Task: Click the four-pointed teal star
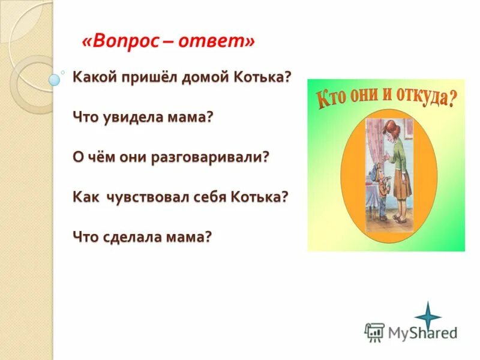[427, 316]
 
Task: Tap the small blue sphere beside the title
[55, 79]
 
